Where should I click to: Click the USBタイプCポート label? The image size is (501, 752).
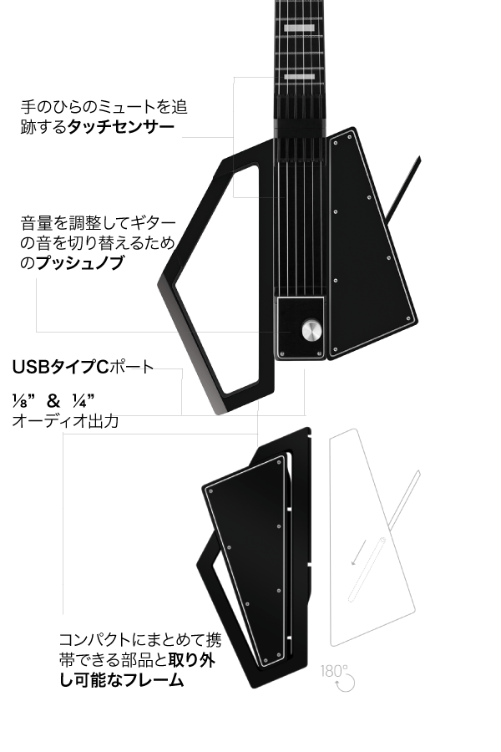pyautogui.click(x=83, y=367)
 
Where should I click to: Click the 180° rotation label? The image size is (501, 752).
pyautogui.click(x=336, y=671)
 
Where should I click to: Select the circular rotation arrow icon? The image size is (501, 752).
pyautogui.click(x=345, y=683)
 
